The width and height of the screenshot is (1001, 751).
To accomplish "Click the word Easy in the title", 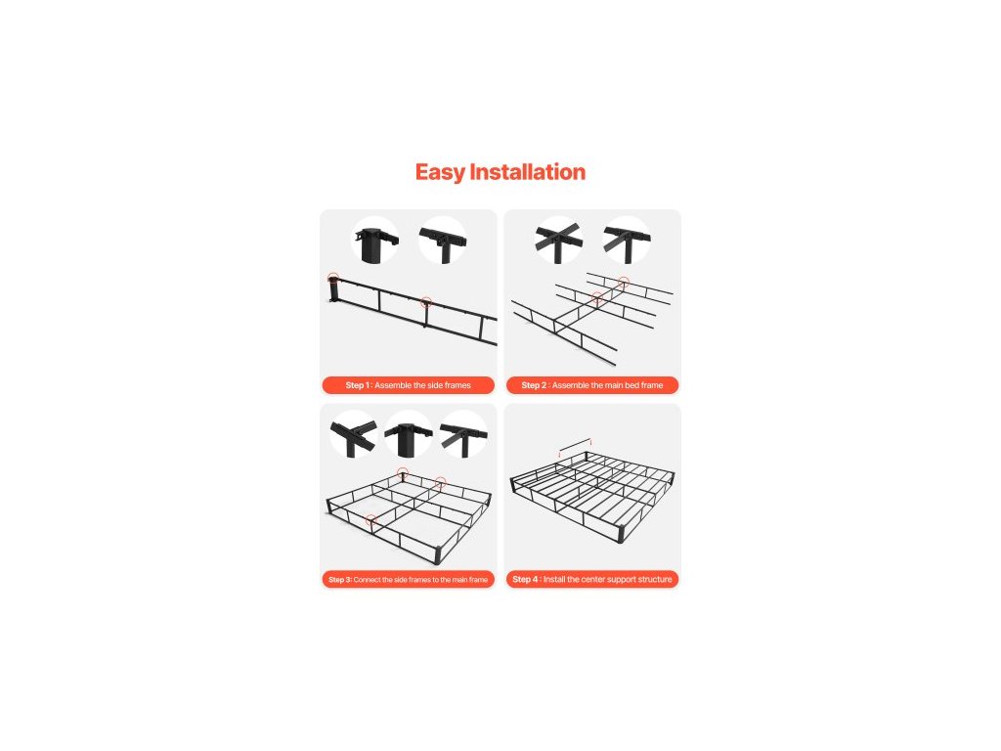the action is pos(440,172).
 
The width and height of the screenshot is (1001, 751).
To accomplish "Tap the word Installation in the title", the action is pos(527,172).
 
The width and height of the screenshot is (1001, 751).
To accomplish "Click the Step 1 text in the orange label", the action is pos(358,385).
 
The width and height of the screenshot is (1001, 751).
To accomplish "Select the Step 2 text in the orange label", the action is pos(534,385).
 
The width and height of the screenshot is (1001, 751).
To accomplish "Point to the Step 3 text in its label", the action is pos(339,580).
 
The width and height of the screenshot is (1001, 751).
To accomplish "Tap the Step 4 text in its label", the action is pos(525,579).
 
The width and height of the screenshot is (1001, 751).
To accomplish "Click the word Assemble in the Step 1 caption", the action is pos(393,385).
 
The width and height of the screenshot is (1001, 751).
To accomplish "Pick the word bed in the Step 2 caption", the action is pos(632,385).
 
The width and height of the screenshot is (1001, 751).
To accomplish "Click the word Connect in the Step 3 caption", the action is pos(368,580).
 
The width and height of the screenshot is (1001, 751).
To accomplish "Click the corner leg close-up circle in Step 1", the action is pos(376,241).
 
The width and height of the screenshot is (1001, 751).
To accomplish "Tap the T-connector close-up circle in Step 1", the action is pos(443,241).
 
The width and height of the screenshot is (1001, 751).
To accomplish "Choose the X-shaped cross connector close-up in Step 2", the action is pos(559,241).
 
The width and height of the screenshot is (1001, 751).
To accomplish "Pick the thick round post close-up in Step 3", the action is pos(409,434).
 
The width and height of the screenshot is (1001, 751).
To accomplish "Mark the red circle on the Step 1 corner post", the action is pos(333,278).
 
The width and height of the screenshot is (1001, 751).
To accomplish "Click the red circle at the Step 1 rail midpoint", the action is pos(426,302).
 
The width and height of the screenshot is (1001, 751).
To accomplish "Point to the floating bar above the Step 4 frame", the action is pos(575,445).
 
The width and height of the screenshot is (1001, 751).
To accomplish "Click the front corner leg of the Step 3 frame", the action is pos(438,554).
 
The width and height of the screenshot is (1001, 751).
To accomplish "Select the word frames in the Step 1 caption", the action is pos(457,385).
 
